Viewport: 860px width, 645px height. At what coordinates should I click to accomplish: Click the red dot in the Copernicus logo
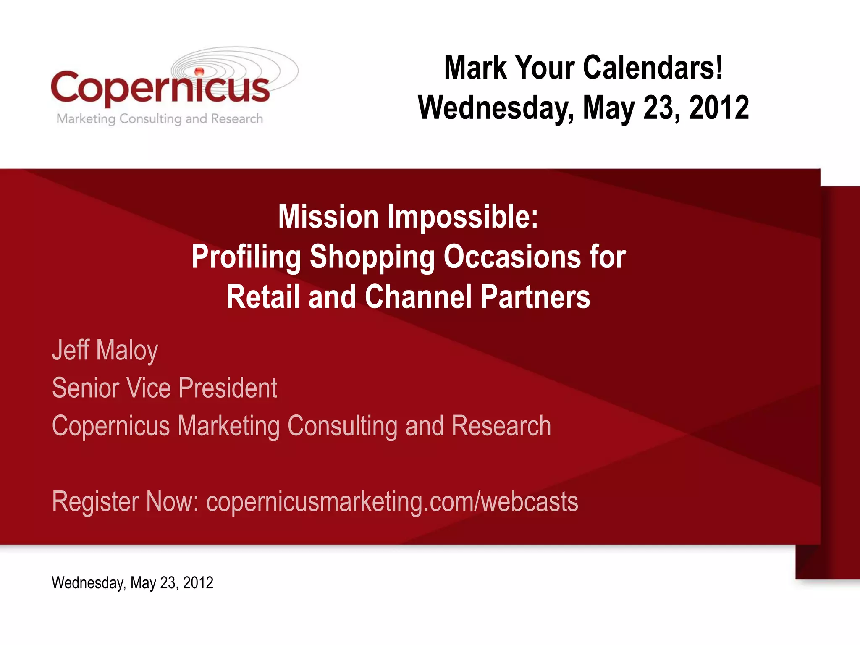pyautogui.click(x=199, y=71)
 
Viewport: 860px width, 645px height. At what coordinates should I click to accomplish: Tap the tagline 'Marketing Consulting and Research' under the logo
pyautogui.click(x=160, y=119)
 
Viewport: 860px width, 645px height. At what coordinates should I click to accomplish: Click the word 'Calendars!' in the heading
pyautogui.click(x=653, y=68)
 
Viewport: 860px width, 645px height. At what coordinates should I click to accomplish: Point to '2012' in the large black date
pyautogui.click(x=718, y=107)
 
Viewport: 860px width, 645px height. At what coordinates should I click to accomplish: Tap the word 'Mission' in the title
pyautogui.click(x=328, y=217)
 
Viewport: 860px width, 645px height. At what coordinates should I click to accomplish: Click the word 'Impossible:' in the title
pyautogui.click(x=462, y=217)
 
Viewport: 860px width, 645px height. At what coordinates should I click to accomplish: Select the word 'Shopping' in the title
pyautogui.click(x=372, y=257)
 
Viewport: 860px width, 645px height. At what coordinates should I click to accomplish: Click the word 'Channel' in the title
pyautogui.click(x=418, y=297)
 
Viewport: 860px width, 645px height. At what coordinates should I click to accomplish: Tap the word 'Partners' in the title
pyautogui.click(x=535, y=297)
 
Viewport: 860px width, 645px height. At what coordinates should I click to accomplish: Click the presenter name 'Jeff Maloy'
pyautogui.click(x=105, y=350)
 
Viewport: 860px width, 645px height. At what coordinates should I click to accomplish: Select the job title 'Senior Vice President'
pyautogui.click(x=164, y=388)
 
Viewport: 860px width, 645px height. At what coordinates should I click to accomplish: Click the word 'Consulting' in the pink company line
pyautogui.click(x=342, y=426)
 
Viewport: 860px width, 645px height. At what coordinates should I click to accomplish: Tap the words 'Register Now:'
pyautogui.click(x=125, y=501)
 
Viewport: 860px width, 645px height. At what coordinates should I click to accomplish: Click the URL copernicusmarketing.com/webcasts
pyautogui.click(x=392, y=501)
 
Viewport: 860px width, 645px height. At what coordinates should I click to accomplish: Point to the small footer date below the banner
pyautogui.click(x=132, y=583)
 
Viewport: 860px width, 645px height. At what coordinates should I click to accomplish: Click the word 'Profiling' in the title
pyautogui.click(x=246, y=257)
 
